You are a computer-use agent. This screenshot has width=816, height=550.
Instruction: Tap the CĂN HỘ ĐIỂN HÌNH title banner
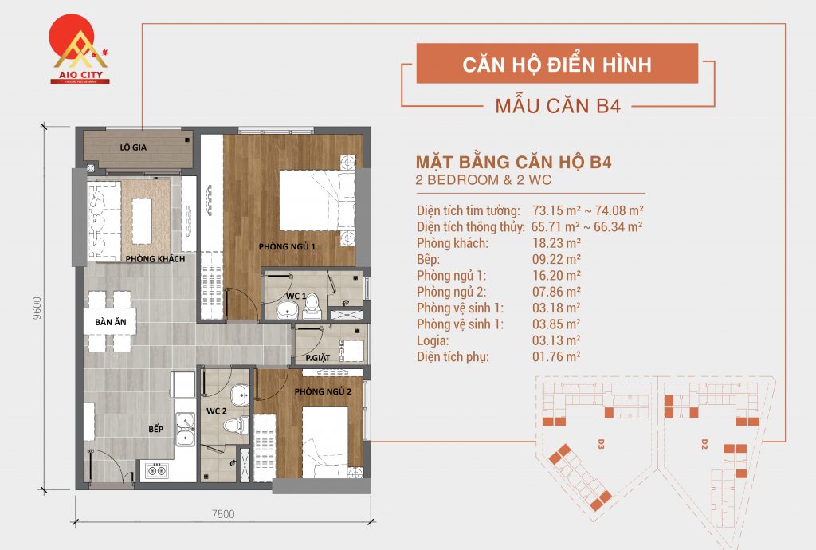(557, 64)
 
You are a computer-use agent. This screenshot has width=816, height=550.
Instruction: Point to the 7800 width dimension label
(223, 514)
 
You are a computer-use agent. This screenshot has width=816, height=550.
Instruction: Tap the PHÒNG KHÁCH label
(155, 259)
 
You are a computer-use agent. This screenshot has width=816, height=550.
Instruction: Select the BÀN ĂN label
(110, 322)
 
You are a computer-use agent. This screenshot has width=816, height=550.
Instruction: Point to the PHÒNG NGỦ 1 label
(288, 247)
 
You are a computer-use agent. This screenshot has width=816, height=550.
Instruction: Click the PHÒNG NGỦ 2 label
(323, 391)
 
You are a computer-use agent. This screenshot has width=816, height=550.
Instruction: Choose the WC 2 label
(216, 411)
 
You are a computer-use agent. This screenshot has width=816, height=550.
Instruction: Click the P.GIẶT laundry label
(318, 358)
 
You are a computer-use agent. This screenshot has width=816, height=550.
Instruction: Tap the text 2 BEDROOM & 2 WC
(483, 180)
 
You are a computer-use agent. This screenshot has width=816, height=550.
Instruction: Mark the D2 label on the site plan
(704, 442)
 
